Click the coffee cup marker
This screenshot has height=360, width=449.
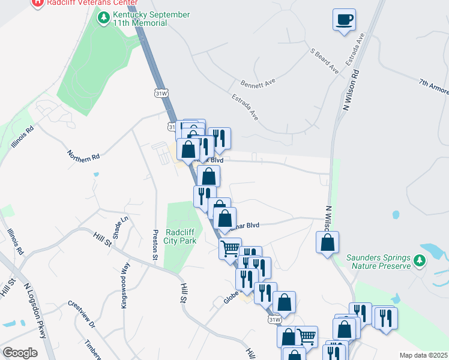click(x=345, y=20)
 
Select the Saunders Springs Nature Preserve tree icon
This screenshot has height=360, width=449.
click(x=420, y=261)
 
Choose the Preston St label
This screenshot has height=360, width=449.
click(x=155, y=246)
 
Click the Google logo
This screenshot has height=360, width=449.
click(x=20, y=352)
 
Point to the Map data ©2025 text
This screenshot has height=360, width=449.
click(x=423, y=355)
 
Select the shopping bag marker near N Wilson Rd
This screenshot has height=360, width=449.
click(x=327, y=243)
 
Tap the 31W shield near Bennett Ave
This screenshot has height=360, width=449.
click(x=161, y=94)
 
